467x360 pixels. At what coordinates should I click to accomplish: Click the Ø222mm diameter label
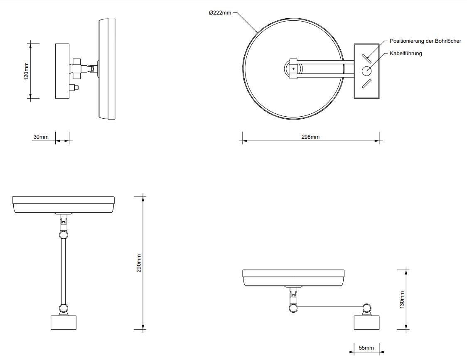pyautogui.click(x=220, y=13)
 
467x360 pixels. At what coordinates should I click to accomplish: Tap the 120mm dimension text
pyautogui.click(x=26, y=71)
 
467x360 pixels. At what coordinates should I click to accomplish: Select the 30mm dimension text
pyautogui.click(x=41, y=137)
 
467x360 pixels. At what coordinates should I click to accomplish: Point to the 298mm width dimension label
pyautogui.click(x=310, y=137)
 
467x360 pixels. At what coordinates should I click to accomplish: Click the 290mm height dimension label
pyautogui.click(x=139, y=263)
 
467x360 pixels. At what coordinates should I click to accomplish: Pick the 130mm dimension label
pyautogui.click(x=402, y=299)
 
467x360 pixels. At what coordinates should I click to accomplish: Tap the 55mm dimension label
pyautogui.click(x=366, y=348)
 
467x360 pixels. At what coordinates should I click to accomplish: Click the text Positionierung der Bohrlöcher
pyautogui.click(x=425, y=41)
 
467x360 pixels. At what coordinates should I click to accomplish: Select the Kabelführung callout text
pyautogui.click(x=406, y=54)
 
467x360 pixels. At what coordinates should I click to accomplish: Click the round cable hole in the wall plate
pyautogui.click(x=366, y=71)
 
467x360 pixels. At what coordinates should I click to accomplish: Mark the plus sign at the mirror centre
pyautogui.click(x=293, y=69)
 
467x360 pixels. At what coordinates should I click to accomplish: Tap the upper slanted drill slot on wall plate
pyautogui.click(x=366, y=59)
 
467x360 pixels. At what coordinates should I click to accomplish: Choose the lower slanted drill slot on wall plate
pyautogui.click(x=366, y=83)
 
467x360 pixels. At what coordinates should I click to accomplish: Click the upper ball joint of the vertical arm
pyautogui.click(x=64, y=235)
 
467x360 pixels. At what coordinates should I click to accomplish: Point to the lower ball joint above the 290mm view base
pyautogui.click(x=64, y=308)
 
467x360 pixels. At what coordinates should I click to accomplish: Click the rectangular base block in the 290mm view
pyautogui.click(x=64, y=322)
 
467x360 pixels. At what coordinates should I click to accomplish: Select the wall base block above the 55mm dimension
pyautogui.click(x=366, y=323)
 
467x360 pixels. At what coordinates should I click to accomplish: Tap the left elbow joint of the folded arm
pyautogui.click(x=293, y=308)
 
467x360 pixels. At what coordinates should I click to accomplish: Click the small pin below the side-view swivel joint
pyautogui.click(x=74, y=88)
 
